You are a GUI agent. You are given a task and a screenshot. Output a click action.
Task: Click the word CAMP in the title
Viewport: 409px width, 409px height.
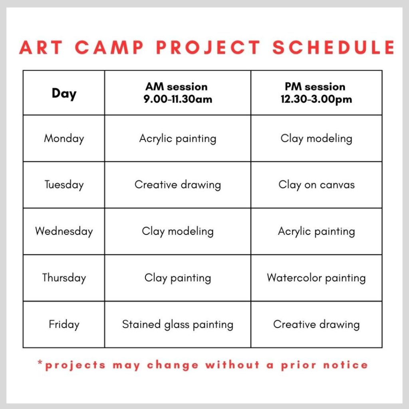(x=109, y=48)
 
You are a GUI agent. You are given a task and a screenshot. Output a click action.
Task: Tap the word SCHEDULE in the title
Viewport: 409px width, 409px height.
(x=334, y=48)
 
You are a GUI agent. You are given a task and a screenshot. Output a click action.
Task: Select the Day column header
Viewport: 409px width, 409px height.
(x=64, y=93)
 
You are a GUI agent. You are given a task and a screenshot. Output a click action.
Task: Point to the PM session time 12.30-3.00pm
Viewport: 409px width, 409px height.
(x=316, y=99)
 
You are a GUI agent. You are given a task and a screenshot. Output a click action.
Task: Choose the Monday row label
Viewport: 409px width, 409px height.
(x=64, y=139)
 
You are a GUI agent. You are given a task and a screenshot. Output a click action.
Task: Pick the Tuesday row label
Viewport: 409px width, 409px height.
(x=64, y=185)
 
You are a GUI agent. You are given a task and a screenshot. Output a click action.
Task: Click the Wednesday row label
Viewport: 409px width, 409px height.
(x=64, y=231)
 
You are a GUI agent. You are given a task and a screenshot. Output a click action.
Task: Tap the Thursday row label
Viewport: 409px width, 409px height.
(x=64, y=278)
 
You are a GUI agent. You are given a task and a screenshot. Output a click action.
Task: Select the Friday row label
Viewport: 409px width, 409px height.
(x=64, y=324)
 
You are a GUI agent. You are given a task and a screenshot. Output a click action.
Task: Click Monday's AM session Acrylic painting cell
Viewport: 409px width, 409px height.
(x=178, y=139)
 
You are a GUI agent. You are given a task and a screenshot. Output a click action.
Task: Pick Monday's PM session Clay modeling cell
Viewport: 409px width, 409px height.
(x=316, y=139)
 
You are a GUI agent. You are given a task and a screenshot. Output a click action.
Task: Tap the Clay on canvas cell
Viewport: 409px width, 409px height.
(x=316, y=185)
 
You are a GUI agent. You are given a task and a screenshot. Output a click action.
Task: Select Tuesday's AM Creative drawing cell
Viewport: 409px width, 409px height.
(x=178, y=185)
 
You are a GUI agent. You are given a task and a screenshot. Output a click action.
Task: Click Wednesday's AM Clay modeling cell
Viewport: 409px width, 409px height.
(x=178, y=231)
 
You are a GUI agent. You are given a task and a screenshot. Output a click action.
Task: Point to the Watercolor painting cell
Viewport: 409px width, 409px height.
(x=316, y=278)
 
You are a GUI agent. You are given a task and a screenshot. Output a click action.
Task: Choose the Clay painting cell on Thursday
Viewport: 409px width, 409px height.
(x=178, y=278)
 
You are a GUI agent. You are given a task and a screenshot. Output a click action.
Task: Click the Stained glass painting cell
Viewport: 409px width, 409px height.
(x=178, y=324)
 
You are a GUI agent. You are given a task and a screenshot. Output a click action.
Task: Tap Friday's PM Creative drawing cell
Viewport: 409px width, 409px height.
(x=316, y=324)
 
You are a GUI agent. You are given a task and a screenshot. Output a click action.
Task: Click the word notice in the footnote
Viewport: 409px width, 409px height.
(x=345, y=365)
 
